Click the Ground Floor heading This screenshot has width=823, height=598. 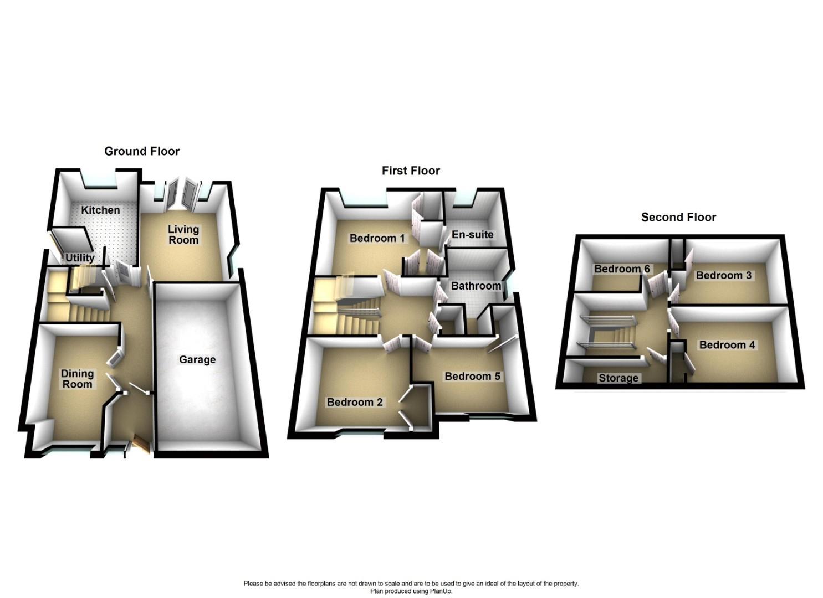point(142,151)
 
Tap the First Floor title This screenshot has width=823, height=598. point(411,171)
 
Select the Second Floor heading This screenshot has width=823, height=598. point(678,217)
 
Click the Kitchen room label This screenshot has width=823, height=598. point(100,210)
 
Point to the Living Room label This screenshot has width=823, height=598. point(183,234)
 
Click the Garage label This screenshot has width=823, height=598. point(197,359)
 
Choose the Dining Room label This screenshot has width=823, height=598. point(77,379)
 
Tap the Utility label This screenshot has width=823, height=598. point(80,257)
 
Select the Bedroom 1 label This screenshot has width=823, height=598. point(377,238)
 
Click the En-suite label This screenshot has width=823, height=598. point(472,234)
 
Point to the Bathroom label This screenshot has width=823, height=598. point(476,286)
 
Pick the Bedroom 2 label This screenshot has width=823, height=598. point(355,402)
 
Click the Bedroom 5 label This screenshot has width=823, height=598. point(472,376)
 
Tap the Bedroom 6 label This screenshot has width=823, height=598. point(622,269)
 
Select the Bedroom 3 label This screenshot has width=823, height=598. point(724,275)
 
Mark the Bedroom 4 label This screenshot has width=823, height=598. point(727,344)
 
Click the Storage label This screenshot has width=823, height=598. point(618,378)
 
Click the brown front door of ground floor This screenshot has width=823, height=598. point(141,445)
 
